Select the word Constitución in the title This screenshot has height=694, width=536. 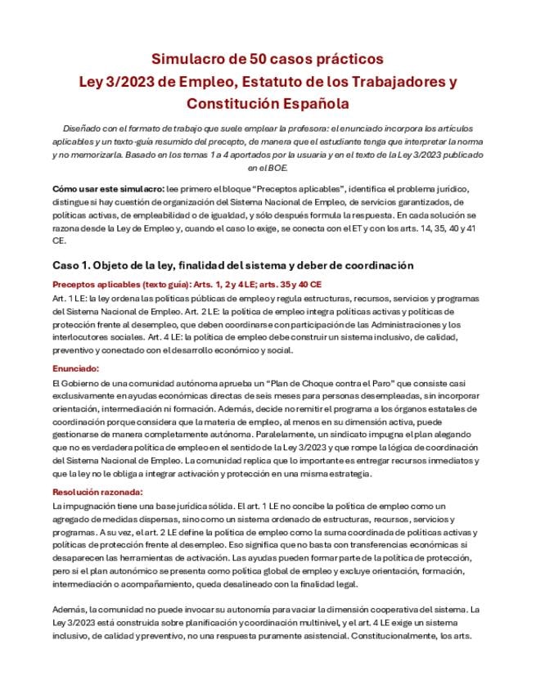(233, 104)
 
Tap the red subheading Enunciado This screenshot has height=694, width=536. (75, 368)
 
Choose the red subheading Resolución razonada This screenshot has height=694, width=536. (97, 492)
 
